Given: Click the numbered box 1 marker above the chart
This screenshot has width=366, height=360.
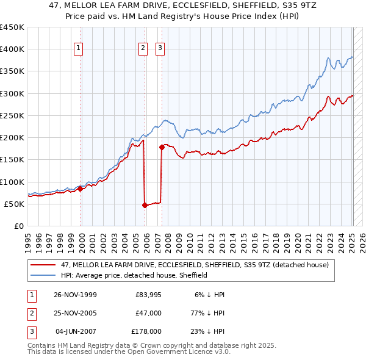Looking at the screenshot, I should click(80, 49).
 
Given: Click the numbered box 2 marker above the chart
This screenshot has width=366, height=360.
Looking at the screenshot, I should click(143, 49).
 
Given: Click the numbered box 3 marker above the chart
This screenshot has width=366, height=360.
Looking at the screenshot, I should click(160, 49).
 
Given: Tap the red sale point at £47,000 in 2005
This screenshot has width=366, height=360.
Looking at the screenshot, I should click(145, 205).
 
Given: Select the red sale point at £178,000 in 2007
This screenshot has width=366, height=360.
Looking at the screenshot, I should click(162, 147).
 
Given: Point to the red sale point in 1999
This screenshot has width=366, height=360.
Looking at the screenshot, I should click(80, 189).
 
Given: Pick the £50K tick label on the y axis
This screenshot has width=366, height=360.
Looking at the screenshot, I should click(14, 204).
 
